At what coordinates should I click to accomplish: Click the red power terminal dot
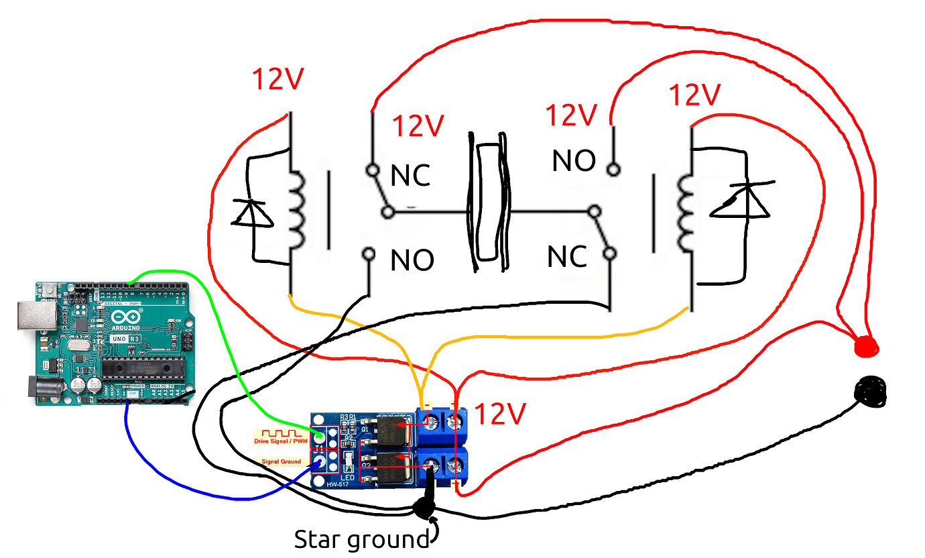tap(865, 347)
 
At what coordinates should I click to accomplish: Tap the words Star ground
tap(361, 539)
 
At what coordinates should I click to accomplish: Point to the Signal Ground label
tap(281, 461)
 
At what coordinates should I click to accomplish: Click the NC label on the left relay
tap(411, 176)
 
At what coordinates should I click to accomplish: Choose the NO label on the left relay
tap(412, 260)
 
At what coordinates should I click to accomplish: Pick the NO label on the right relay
tap(574, 161)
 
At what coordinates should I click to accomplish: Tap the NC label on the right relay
tap(567, 256)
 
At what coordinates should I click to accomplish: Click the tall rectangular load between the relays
tap(487, 201)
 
